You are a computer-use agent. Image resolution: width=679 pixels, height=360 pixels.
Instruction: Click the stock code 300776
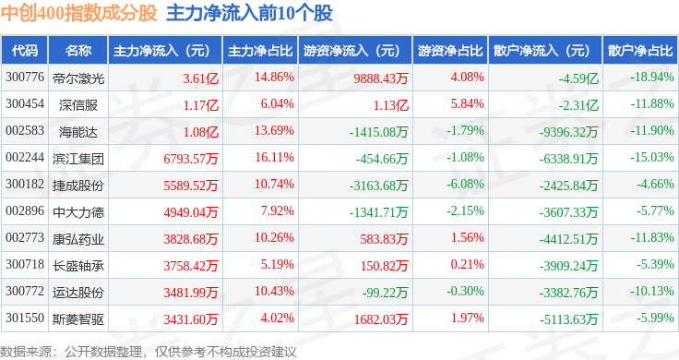click(25, 78)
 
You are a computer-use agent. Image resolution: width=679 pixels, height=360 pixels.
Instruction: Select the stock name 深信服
click(78, 105)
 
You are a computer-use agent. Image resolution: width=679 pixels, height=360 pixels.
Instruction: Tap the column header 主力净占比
click(260, 51)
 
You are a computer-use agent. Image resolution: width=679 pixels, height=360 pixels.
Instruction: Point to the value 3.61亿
click(200, 78)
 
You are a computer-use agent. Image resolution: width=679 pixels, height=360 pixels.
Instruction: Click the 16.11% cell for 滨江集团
click(274, 157)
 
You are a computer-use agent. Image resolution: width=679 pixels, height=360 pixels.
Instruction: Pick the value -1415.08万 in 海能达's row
click(378, 132)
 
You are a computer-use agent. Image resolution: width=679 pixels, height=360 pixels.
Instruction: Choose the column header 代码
click(25, 51)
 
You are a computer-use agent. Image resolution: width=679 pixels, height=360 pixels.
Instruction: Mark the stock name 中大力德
click(78, 212)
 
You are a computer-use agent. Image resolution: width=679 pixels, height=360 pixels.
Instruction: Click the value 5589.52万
click(191, 186)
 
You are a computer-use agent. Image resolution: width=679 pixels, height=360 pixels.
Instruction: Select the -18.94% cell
click(652, 78)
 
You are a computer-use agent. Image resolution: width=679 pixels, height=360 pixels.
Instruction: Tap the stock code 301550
click(25, 318)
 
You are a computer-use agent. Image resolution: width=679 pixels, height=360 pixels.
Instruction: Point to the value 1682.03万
click(381, 319)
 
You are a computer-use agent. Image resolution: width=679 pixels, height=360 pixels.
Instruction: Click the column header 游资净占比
click(450, 51)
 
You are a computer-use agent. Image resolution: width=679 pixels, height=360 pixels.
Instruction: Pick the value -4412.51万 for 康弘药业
click(568, 239)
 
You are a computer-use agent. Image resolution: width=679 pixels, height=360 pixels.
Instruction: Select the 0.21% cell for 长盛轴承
click(467, 264)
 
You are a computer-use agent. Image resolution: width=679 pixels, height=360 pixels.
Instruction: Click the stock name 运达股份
click(78, 293)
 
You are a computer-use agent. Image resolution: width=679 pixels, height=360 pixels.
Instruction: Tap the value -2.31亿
click(578, 105)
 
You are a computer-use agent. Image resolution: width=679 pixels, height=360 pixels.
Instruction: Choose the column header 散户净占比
click(640, 51)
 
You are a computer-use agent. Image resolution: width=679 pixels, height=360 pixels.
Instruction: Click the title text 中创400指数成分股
click(78, 14)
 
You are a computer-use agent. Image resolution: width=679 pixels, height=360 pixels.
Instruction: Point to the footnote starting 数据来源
click(149, 352)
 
